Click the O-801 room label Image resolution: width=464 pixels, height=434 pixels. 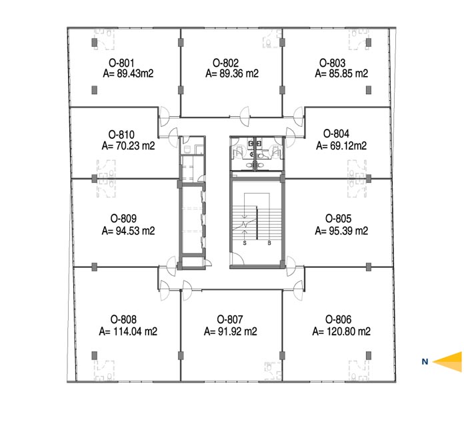[x=121, y=63]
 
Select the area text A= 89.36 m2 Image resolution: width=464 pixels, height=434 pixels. [x=232, y=73]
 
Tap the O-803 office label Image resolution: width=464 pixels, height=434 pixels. [x=332, y=63]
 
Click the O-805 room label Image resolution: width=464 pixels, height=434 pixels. [x=338, y=218]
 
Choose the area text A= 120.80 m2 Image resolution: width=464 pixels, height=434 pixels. [x=341, y=331]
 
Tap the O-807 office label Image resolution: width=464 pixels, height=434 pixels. [x=230, y=319]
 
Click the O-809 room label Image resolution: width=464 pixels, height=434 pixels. [x=123, y=218]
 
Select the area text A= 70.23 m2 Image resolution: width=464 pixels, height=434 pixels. [x=128, y=146]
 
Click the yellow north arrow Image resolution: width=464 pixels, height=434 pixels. [x=447, y=361]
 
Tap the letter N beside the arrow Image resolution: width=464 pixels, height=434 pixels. [x=425, y=361]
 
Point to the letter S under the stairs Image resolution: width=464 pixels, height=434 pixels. [x=245, y=243]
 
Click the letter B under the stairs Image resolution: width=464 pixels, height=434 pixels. [x=269, y=243]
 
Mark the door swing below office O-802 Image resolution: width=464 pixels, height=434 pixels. [x=245, y=116]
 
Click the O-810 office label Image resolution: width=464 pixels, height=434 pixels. [x=121, y=135]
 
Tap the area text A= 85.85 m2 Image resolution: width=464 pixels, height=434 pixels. [x=341, y=73]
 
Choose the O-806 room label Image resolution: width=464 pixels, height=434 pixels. [x=338, y=319]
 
